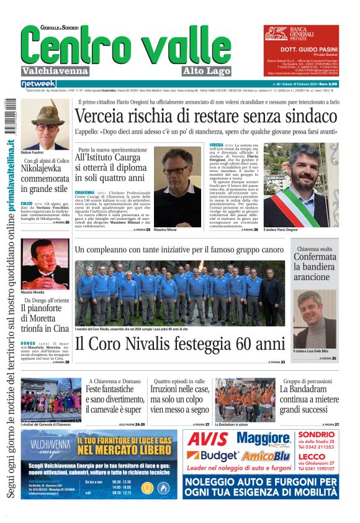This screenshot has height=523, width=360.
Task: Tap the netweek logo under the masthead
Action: tap(38, 84)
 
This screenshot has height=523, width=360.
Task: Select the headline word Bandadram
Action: tap(308, 389)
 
